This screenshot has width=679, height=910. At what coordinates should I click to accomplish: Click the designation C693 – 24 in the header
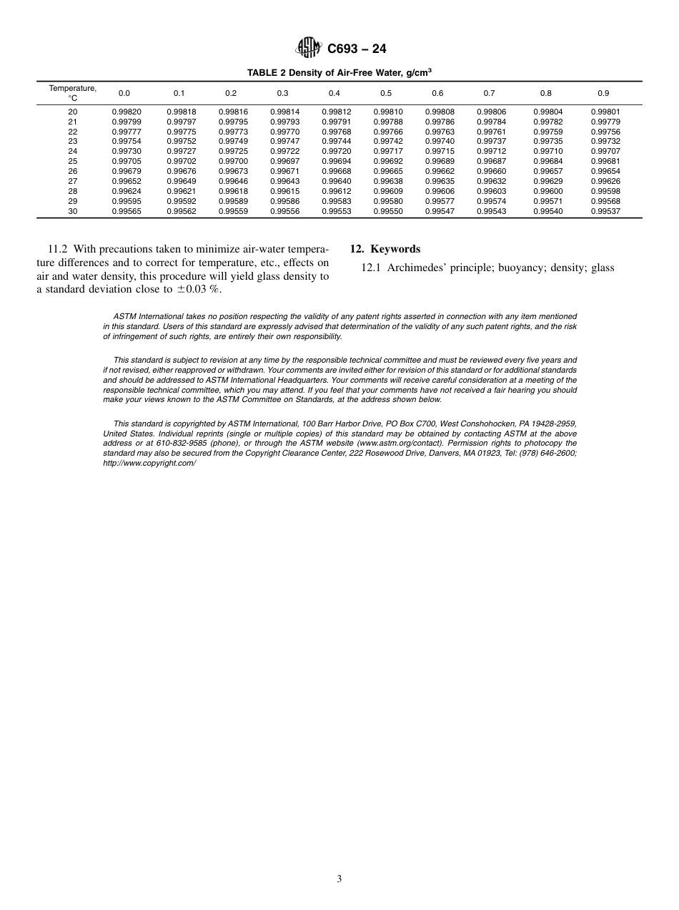tap(356, 49)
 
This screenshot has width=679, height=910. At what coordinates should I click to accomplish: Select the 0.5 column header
tap(386, 93)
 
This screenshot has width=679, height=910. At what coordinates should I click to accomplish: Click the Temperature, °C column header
tap(72, 92)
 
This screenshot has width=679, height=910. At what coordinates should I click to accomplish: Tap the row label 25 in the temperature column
tap(72, 162)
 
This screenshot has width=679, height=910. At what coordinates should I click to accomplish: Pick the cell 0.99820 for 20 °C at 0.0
tap(126, 112)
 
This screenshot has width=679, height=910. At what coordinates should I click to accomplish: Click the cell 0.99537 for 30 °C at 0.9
tap(605, 212)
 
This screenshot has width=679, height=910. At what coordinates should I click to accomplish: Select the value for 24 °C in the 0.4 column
tap(336, 152)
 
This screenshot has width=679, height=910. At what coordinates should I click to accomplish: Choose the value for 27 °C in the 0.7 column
tap(491, 182)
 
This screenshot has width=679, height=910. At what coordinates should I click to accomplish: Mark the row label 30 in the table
tap(72, 212)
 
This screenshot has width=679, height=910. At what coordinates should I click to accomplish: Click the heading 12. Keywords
tap(385, 250)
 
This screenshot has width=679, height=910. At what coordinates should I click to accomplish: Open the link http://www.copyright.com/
tap(149, 463)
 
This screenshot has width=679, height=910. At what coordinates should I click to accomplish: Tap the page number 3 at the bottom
tap(339, 879)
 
